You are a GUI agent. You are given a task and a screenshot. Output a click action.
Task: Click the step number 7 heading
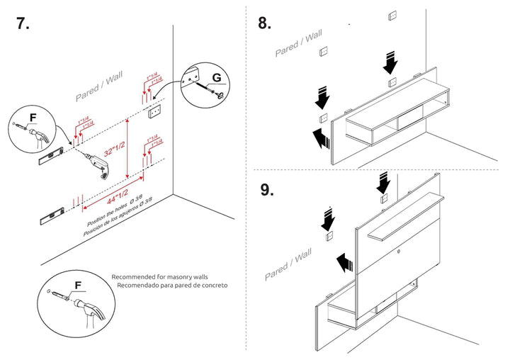23,23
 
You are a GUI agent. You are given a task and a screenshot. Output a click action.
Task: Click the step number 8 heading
264,23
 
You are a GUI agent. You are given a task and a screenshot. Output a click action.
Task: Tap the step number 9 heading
266,190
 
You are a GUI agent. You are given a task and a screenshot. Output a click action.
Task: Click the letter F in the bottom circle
78,286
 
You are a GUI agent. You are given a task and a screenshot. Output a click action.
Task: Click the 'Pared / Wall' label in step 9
288,264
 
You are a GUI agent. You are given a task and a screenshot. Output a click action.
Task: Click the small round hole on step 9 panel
399,250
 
